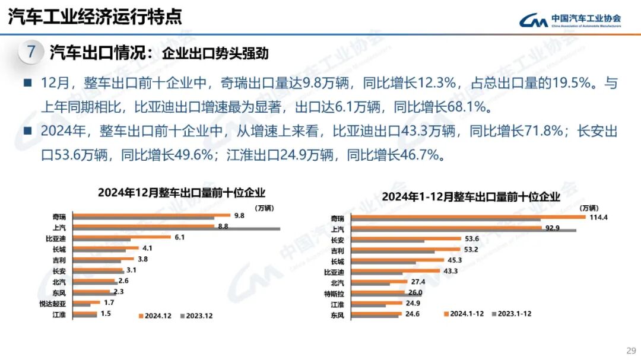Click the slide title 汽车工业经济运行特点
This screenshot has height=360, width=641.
pos(95,16)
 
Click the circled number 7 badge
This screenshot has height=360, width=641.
pos(31,52)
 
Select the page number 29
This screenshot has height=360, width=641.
pos(630,349)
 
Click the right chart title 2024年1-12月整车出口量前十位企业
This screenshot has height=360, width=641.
pos(471,196)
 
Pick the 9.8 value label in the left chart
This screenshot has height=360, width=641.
pos(239,216)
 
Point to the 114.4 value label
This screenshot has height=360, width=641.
pos(597,217)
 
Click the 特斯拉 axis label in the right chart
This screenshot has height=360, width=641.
pos(334,293)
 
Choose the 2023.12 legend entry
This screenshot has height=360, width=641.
pos(196,316)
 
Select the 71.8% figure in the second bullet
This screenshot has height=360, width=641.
pos(541,131)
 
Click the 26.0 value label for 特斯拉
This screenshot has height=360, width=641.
pos(414,293)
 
